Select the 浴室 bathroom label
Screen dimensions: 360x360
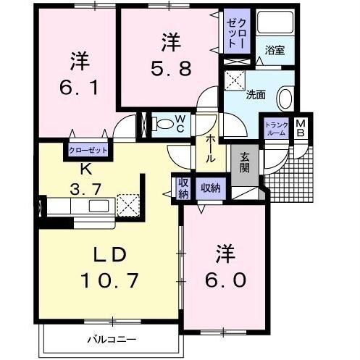tap(275, 51)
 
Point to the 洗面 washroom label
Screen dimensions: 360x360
tap(256, 94)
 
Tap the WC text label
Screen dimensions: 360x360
tap(181, 125)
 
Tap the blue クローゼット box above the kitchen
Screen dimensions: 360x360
tap(87, 151)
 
